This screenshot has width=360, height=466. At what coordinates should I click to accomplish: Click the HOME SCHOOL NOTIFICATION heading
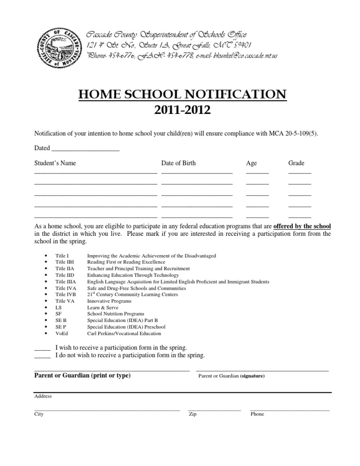click(x=182, y=96)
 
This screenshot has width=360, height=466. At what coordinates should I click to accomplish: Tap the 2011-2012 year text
click(x=182, y=111)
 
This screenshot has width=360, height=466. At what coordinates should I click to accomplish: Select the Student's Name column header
click(x=55, y=163)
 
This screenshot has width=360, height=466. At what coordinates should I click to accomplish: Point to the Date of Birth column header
click(x=179, y=163)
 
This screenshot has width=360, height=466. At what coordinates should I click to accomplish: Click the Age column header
click(x=251, y=163)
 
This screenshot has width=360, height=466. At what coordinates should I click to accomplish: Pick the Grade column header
click(x=296, y=163)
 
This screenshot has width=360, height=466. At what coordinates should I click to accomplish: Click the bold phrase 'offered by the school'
click(x=302, y=225)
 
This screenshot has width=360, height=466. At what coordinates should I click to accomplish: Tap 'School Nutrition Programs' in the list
click(x=115, y=314)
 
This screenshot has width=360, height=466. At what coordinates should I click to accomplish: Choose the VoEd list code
click(x=61, y=333)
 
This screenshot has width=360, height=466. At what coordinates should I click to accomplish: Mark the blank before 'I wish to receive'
click(x=42, y=348)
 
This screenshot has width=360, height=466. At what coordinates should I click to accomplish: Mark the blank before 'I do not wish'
click(x=42, y=356)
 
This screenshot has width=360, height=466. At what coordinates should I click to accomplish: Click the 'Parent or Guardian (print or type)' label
click(x=82, y=376)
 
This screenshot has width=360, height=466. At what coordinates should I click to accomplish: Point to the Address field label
click(x=43, y=396)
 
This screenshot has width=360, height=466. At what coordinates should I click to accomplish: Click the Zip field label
click(x=192, y=414)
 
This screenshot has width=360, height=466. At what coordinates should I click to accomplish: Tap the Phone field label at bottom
click(x=257, y=414)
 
